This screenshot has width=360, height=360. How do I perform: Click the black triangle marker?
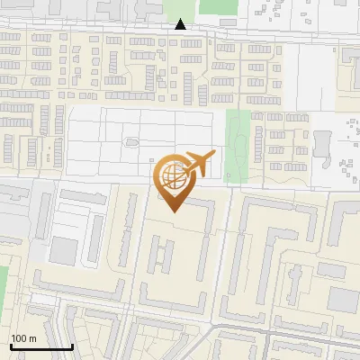click(181, 24)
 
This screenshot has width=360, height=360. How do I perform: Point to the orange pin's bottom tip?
click(172, 211)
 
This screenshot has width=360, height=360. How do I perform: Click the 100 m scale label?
click(23, 338)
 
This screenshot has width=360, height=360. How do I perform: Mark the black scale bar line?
click(41, 346)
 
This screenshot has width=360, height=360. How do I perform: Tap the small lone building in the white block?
click(131, 142)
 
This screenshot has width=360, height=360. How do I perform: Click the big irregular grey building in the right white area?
click(322, 144)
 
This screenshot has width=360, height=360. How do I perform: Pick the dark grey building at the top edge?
click(144, 7)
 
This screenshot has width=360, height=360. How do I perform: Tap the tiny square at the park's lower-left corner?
click(229, 176)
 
